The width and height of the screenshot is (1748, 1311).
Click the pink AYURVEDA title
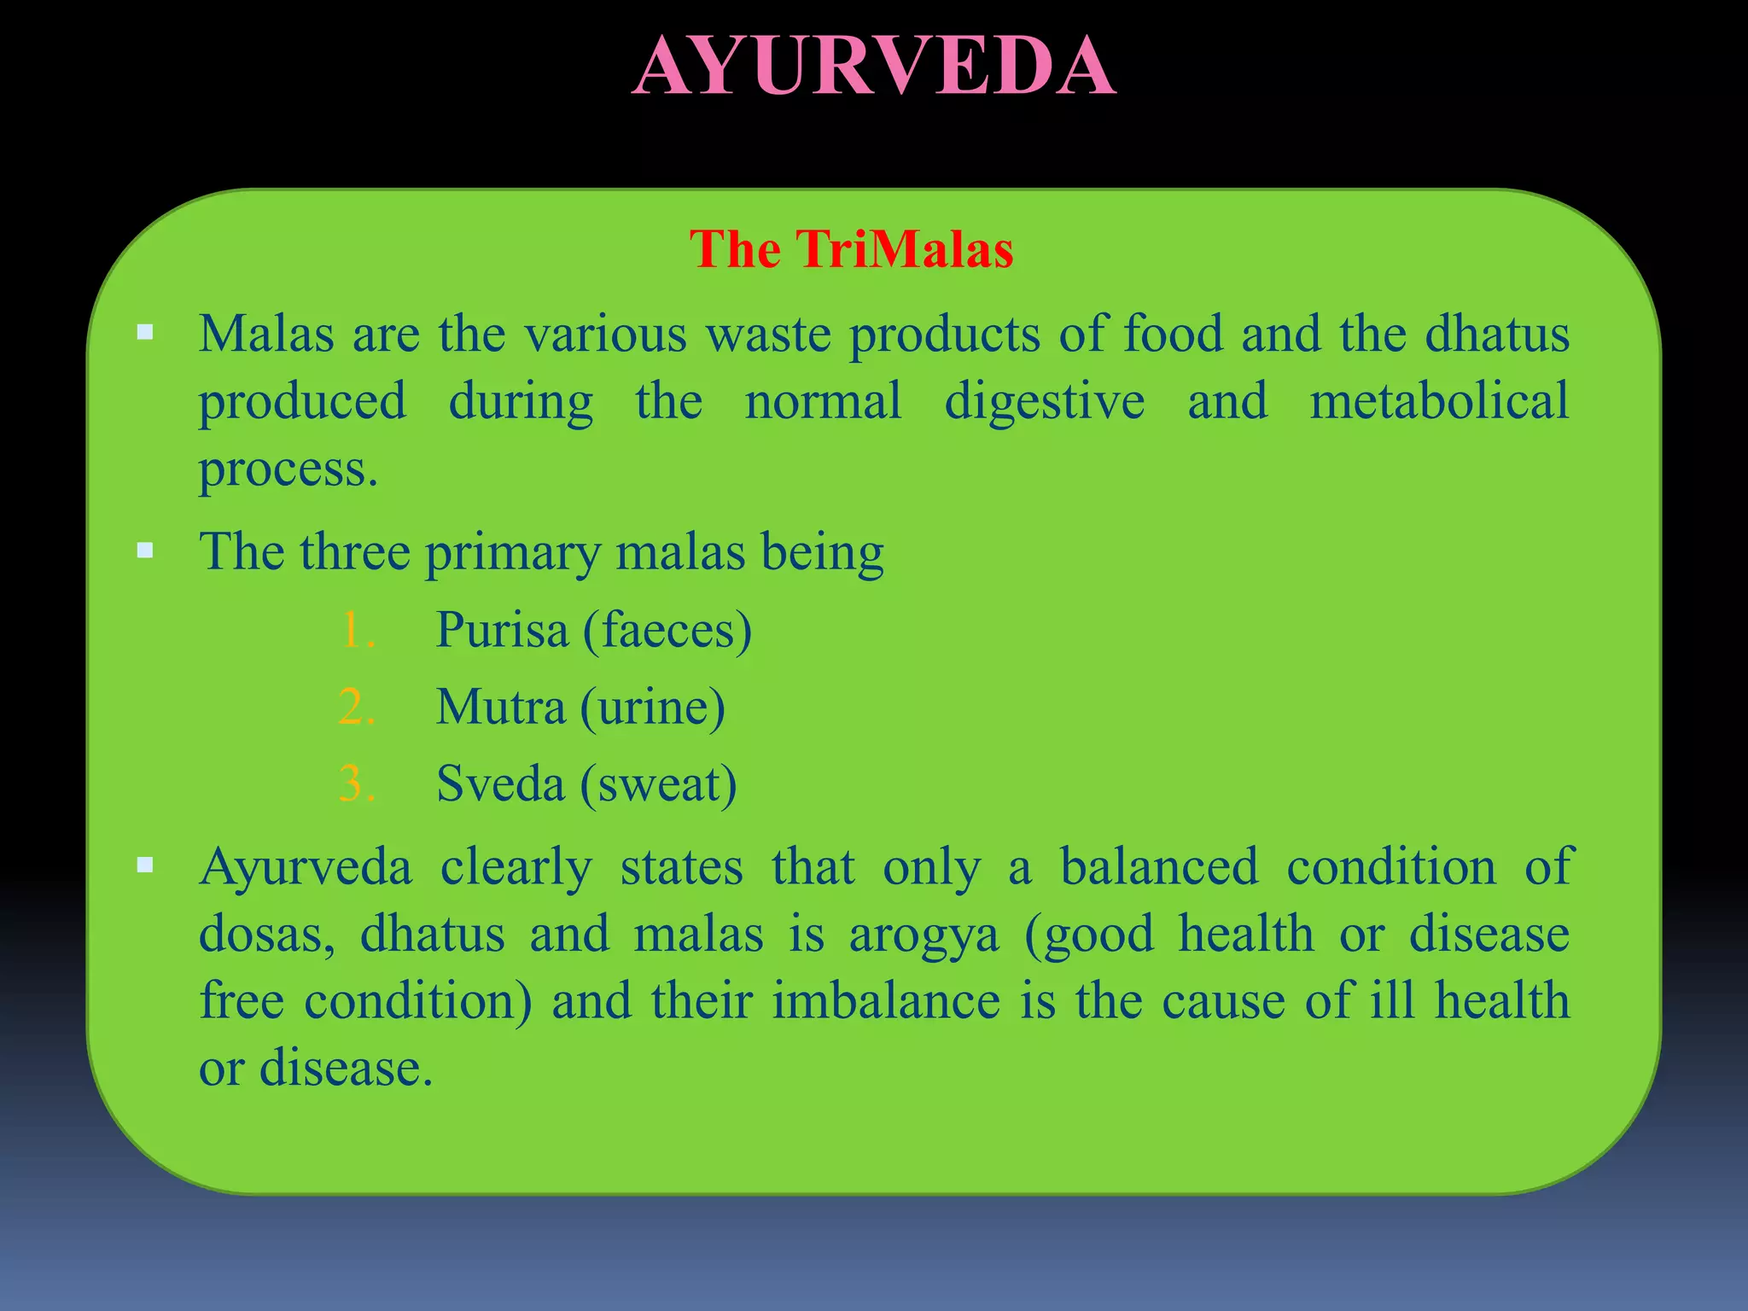pos(874,67)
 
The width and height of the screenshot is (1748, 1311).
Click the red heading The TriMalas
pos(852,249)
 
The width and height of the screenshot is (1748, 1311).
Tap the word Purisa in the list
pos(502,630)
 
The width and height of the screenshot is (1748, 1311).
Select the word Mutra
pos(500,707)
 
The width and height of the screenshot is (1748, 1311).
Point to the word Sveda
pos(500,784)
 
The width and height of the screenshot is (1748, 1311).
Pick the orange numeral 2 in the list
pos(356,708)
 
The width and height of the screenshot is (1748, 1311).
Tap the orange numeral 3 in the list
pos(356,784)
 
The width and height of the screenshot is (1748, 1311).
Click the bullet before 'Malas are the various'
pos(145,332)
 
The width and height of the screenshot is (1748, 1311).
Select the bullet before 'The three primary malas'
pos(145,551)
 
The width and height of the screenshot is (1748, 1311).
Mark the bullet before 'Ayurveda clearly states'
pos(145,865)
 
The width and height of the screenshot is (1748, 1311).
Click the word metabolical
pos(1439,400)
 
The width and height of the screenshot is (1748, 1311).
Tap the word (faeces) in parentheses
pos(667,630)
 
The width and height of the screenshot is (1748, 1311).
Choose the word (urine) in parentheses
pos(653,707)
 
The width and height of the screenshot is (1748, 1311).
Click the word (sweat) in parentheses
pos(658,784)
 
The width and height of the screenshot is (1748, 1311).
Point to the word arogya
pos(924,934)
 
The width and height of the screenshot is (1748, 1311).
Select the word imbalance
pos(886,1000)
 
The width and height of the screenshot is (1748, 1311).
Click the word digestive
pos(1044,402)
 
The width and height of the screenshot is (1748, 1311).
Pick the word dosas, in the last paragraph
pos(266,934)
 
